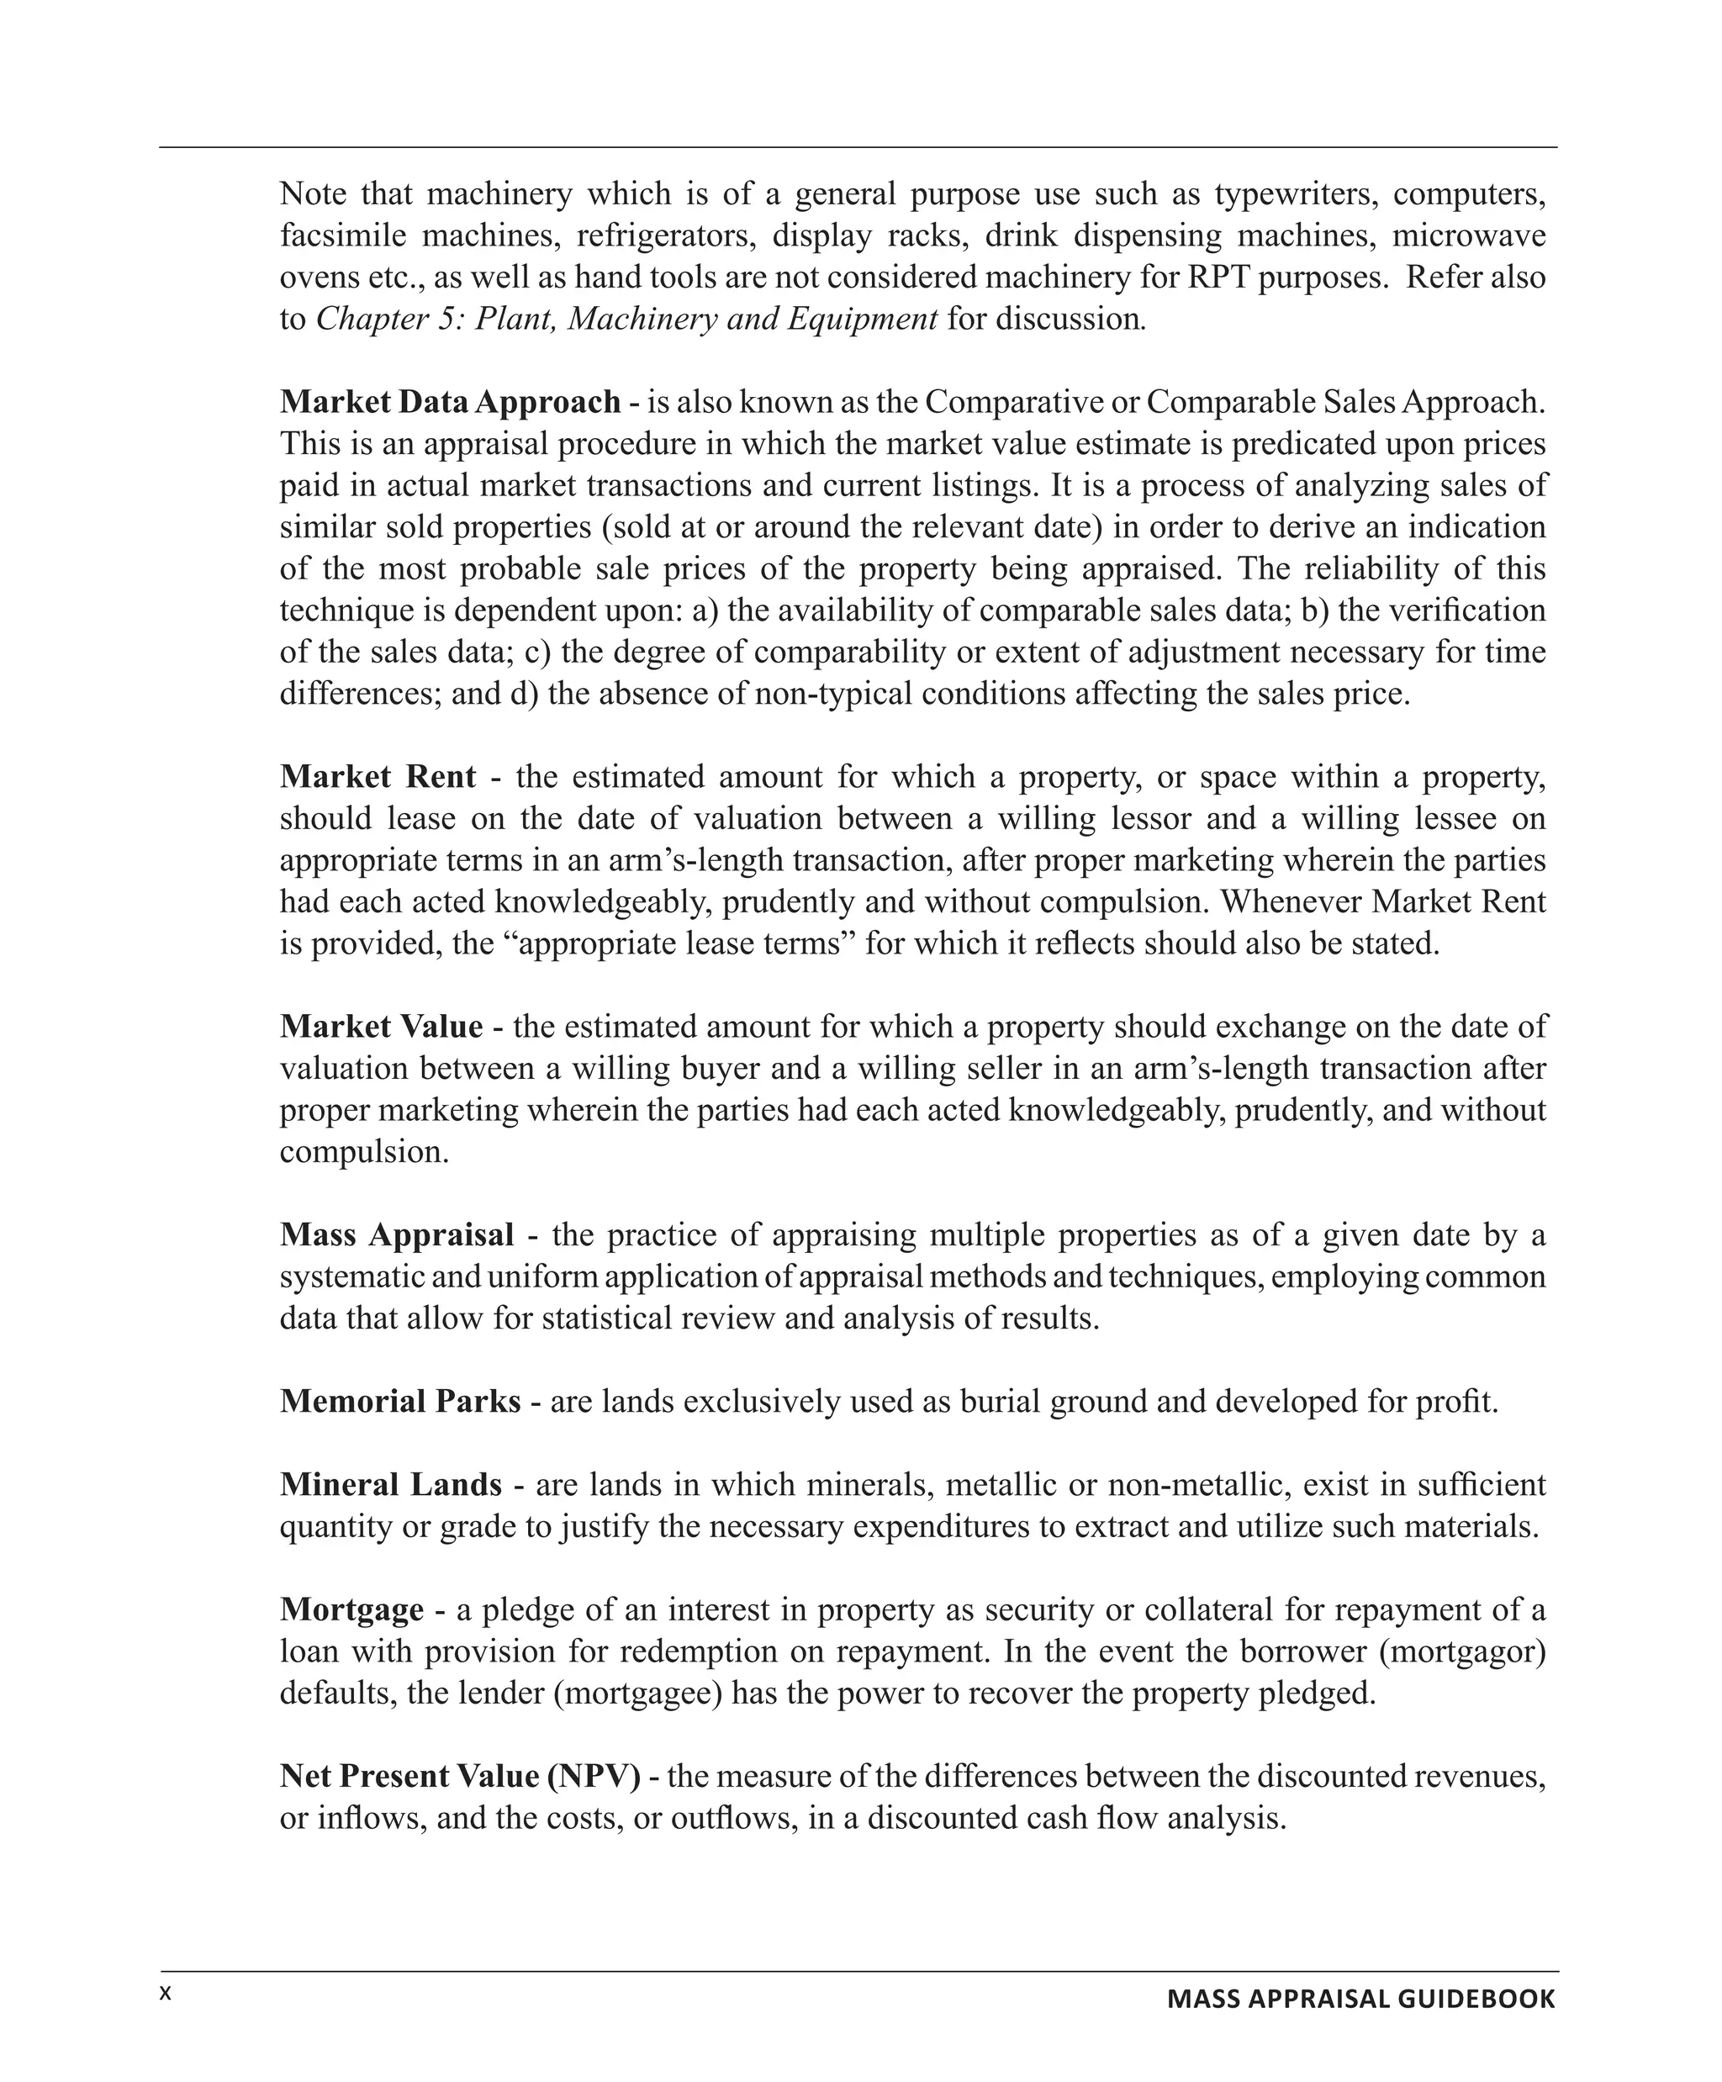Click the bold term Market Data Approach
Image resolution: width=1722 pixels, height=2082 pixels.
coord(450,402)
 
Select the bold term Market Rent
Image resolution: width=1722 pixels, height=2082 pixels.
coord(378,776)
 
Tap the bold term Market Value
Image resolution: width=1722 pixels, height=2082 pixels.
coord(381,1026)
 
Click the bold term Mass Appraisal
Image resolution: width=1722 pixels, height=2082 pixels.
coord(397,1234)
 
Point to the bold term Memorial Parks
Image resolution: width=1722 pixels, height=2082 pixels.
coord(399,1401)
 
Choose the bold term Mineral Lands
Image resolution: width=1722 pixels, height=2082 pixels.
coord(391,1484)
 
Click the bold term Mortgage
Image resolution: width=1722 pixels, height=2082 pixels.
coord(352,1609)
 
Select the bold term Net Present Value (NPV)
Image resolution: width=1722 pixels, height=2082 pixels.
coord(460,1776)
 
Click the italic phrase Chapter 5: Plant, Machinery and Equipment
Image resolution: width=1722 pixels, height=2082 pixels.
coord(626,320)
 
